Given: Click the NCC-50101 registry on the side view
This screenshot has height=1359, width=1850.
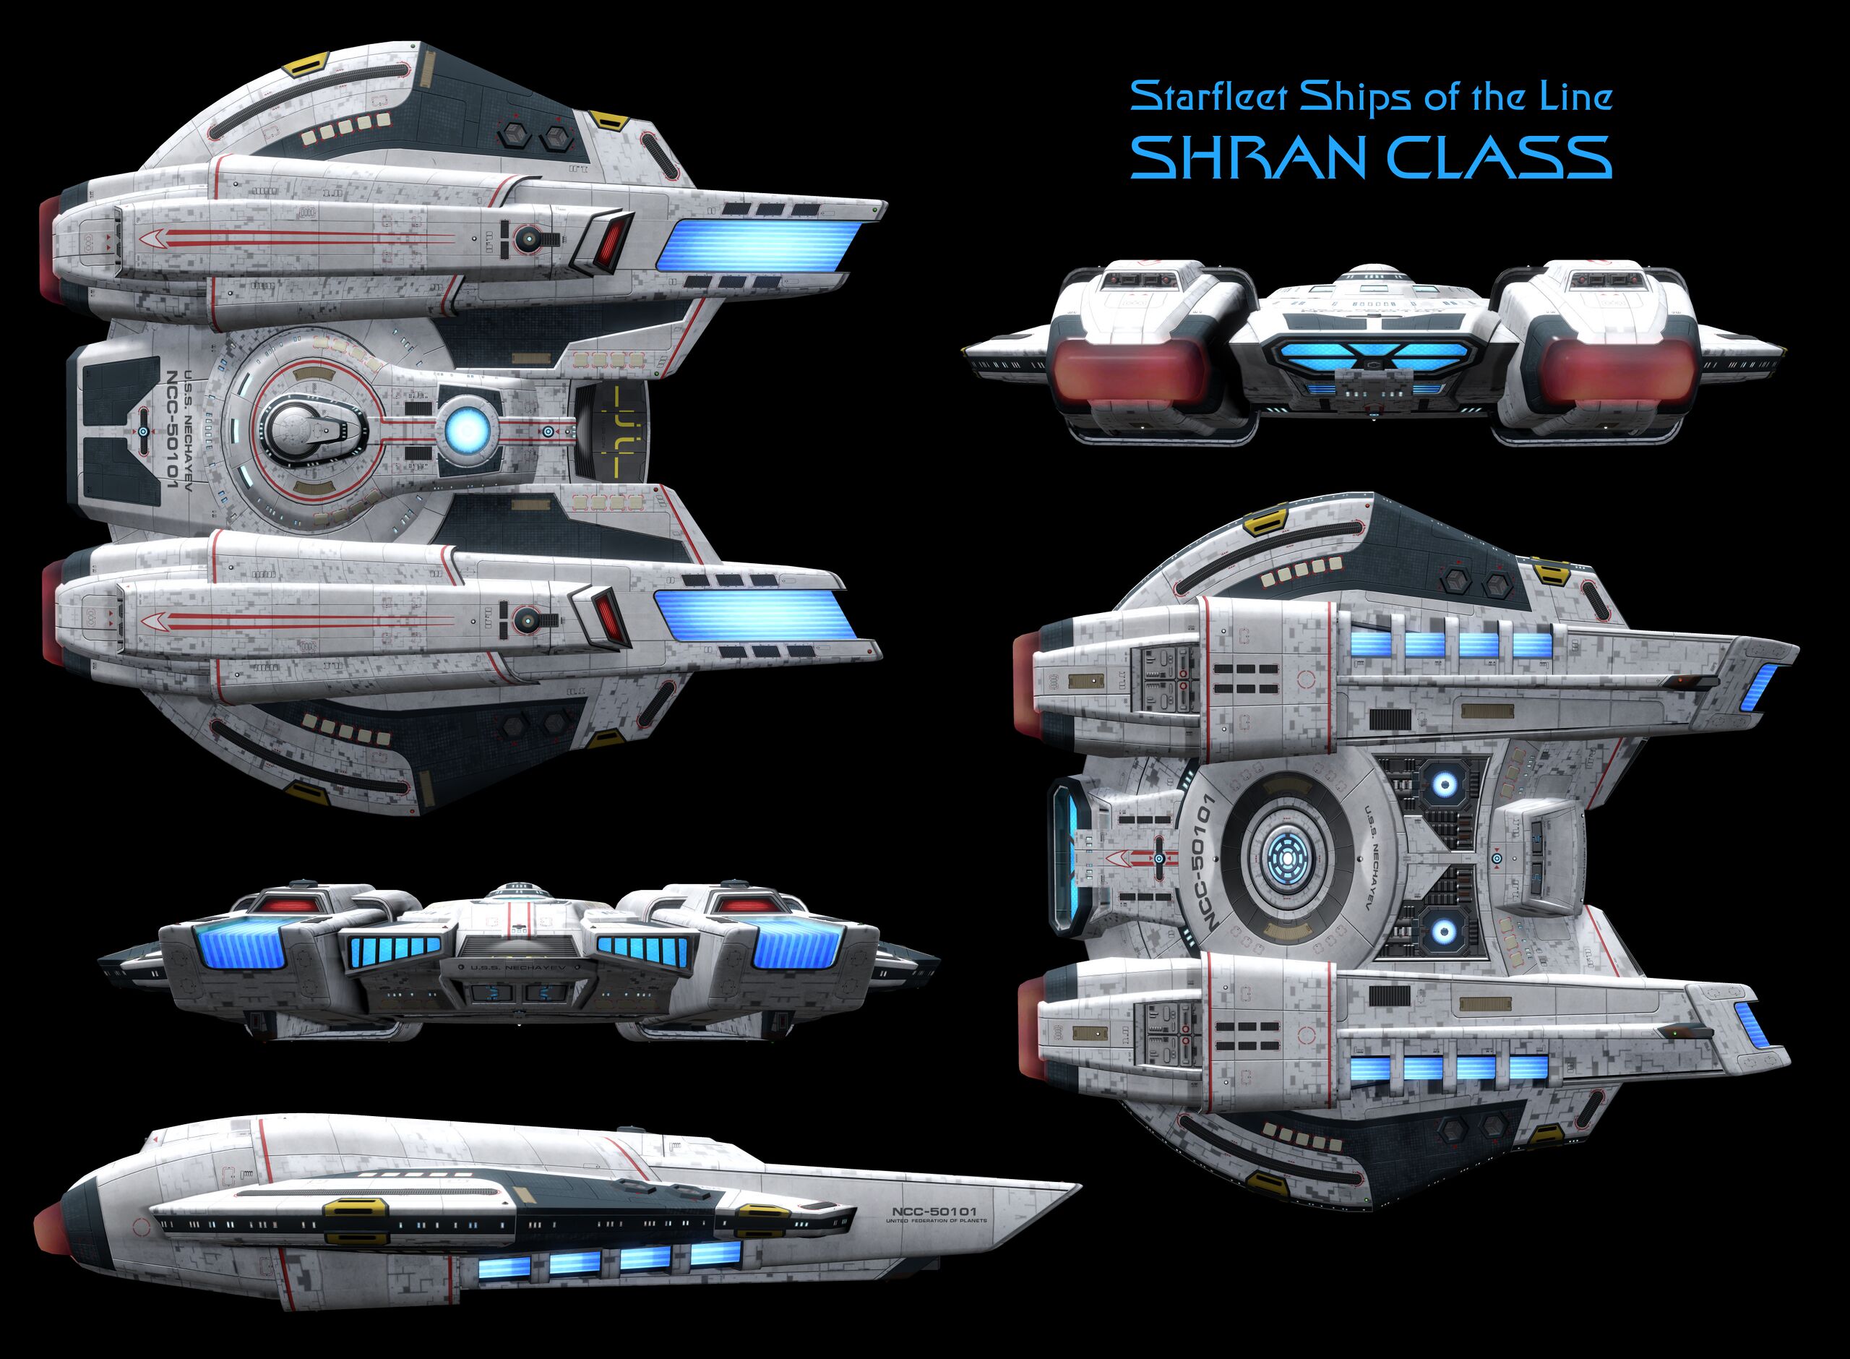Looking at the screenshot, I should (x=934, y=1211).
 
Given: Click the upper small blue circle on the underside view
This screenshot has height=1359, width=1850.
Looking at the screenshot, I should (x=1445, y=785).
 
